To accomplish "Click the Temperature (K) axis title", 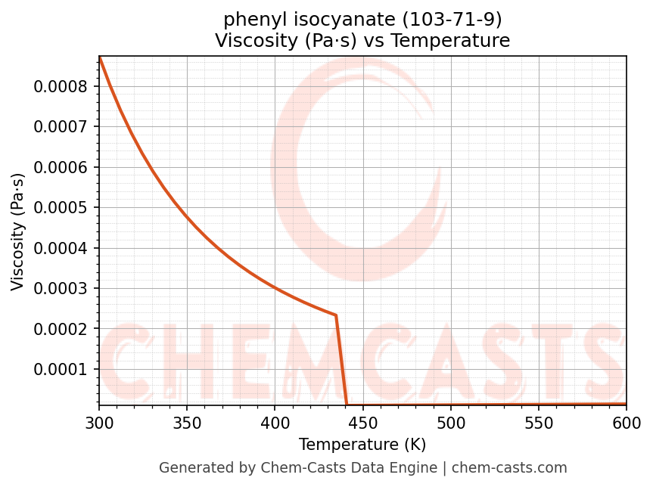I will pos(362,444).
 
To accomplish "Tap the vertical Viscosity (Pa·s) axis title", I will pos(18,231).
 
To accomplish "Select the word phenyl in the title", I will pos(247,19).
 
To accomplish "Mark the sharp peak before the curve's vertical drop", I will pos(335,315).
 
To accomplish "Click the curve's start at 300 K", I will pos(99,57).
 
